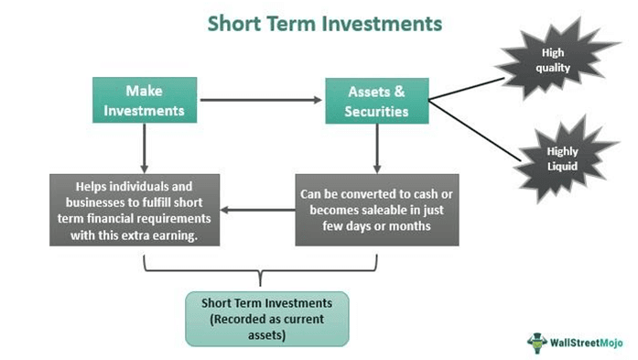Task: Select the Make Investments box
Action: tap(145, 100)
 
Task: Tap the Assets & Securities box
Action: tap(377, 100)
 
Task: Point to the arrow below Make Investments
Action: tap(145, 147)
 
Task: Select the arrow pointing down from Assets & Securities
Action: tap(377, 147)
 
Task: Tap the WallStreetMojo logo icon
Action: tap(537, 341)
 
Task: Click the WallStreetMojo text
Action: tap(587, 342)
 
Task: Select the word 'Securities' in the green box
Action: tap(378, 110)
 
